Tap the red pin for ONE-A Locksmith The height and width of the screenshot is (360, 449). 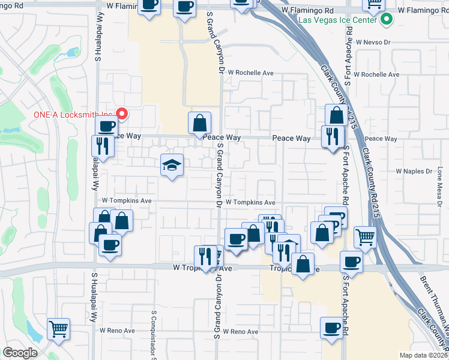point(122,113)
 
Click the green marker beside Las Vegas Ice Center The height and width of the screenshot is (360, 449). point(387,20)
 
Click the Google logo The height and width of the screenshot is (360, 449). point(20,353)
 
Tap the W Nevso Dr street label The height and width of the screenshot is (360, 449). point(373,43)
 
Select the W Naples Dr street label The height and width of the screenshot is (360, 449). point(414,171)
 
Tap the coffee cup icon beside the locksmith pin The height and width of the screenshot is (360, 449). point(106,126)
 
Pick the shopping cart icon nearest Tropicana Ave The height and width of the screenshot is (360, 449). point(364,236)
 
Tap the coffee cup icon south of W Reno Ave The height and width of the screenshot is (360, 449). point(331,327)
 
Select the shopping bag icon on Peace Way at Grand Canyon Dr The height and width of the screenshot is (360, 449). point(199,123)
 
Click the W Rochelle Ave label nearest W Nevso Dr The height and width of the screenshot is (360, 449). point(376,74)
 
